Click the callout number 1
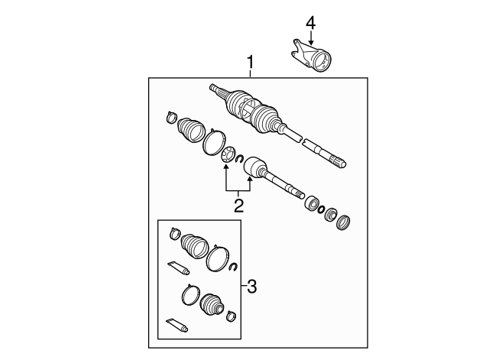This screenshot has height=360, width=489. click(x=250, y=63)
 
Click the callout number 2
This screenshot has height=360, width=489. click(x=238, y=206)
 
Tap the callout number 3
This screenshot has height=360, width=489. click(x=251, y=287)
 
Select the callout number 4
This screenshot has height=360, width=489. click(x=311, y=24)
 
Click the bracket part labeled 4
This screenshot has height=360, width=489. click(x=311, y=57)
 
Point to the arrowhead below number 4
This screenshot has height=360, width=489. click(x=311, y=41)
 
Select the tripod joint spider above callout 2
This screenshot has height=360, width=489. click(x=228, y=154)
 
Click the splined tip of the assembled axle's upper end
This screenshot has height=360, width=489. click(x=214, y=88)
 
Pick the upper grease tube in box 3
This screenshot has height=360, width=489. click(x=179, y=268)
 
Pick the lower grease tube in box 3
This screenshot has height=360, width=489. click(x=176, y=325)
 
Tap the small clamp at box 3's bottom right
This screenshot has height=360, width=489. click(x=231, y=316)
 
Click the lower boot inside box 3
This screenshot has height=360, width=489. click(x=212, y=304)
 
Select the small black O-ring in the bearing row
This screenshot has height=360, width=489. click(x=321, y=209)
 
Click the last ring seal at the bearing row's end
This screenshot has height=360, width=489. click(x=343, y=222)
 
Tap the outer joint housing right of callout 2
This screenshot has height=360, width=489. click(x=255, y=167)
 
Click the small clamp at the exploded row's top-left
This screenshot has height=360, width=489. click(x=172, y=117)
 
